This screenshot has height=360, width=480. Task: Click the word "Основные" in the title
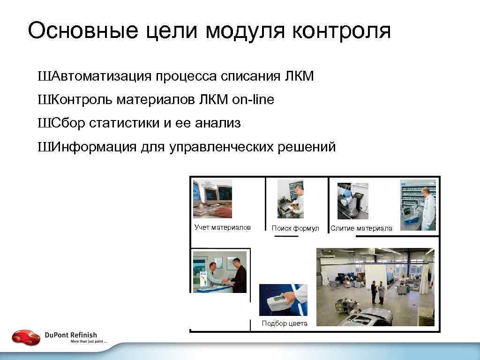[x=83, y=31]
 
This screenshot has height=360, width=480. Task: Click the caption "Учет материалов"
[x=223, y=228]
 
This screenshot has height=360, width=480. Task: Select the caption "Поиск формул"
[x=295, y=228]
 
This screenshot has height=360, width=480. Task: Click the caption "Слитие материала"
[x=361, y=229]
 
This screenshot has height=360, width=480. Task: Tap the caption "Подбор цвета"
[x=285, y=323]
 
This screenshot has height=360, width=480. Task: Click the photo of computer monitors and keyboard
[x=212, y=199]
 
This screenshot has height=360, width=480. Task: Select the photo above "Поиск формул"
[x=290, y=199]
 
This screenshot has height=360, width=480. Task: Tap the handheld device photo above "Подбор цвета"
[x=283, y=300]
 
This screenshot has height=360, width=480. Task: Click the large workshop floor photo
[x=375, y=287]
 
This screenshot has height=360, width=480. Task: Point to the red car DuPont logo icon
[x=26, y=337]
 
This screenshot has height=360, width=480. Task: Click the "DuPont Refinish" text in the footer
[x=71, y=335]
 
